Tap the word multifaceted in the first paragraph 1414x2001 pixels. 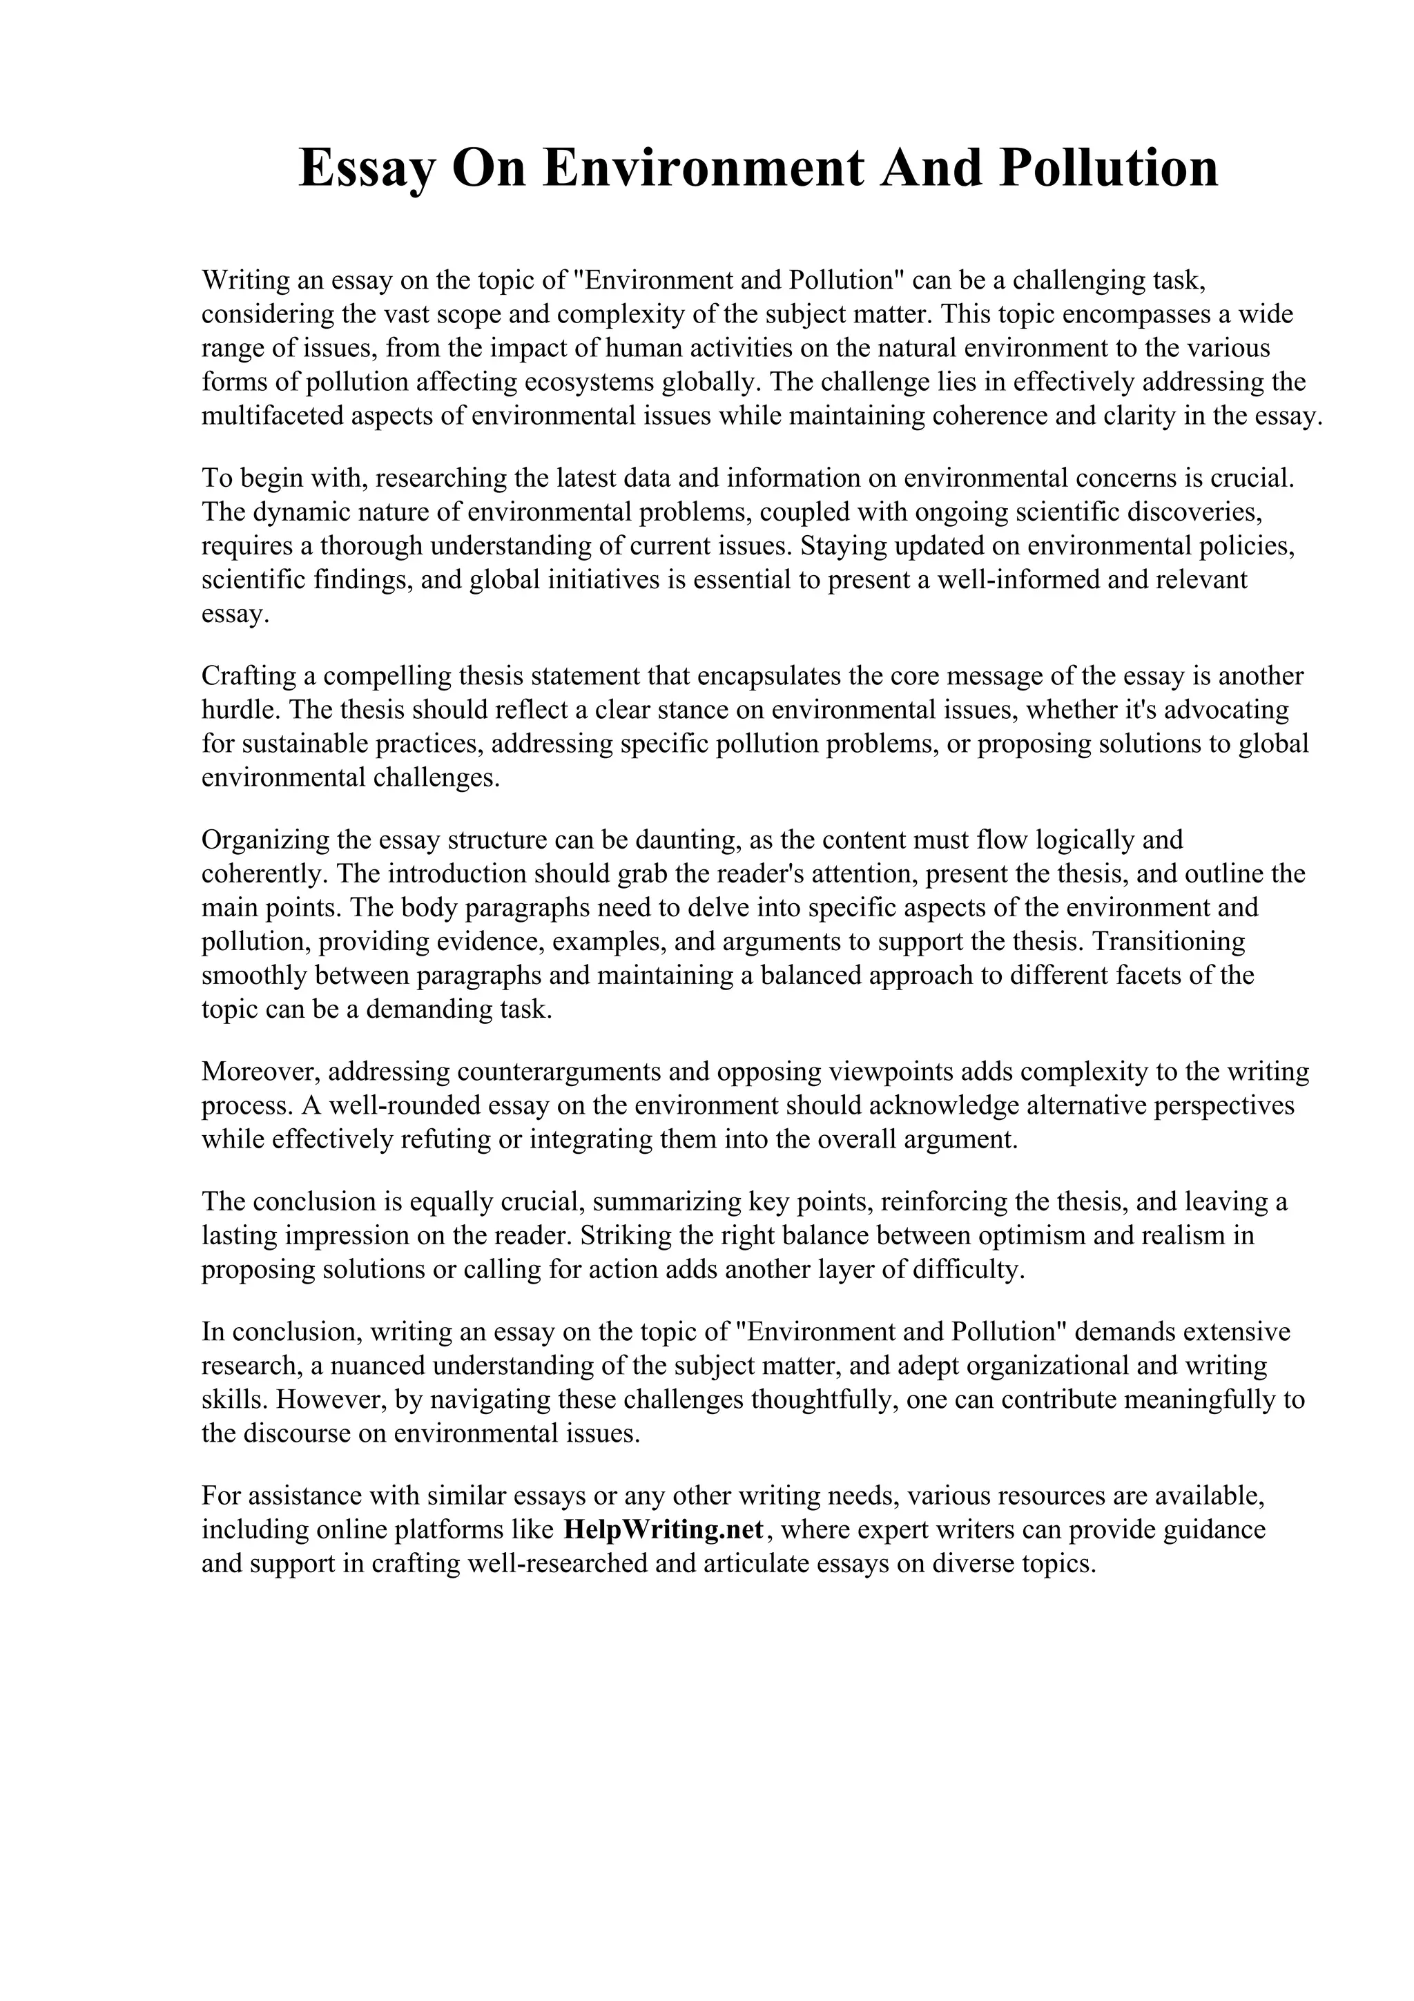pos(273,416)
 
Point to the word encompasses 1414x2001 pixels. pos(1140,313)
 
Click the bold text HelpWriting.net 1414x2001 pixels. pos(664,1529)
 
